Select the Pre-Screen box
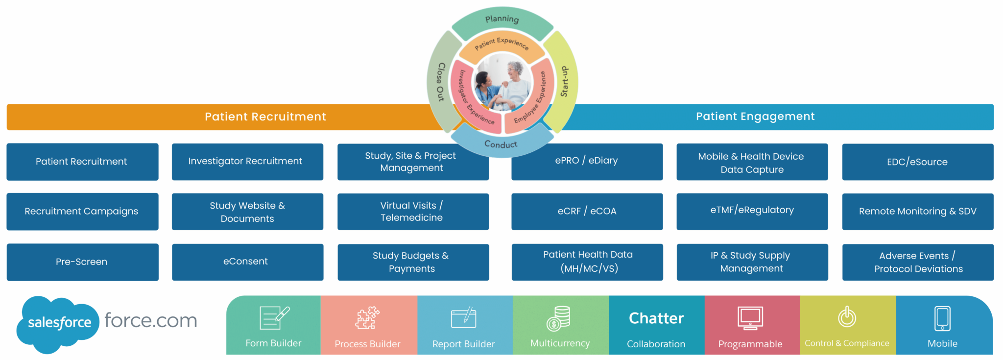pyautogui.click(x=82, y=262)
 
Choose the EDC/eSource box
pyautogui.click(x=917, y=162)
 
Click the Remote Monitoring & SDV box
pyautogui.click(x=917, y=212)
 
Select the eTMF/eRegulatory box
pyautogui.click(x=752, y=211)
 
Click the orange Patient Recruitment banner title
pyautogui.click(x=265, y=117)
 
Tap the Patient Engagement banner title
pyautogui.click(x=755, y=117)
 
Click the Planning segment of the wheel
pyautogui.click(x=502, y=20)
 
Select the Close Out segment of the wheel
pyautogui.click(x=441, y=82)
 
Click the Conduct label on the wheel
pyautogui.click(x=501, y=144)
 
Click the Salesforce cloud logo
pyautogui.click(x=58, y=323)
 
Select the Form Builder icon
pyautogui.click(x=274, y=318)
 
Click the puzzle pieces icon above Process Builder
pyautogui.click(x=367, y=318)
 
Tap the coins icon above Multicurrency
pyautogui.click(x=559, y=318)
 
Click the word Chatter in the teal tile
pyautogui.click(x=656, y=318)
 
